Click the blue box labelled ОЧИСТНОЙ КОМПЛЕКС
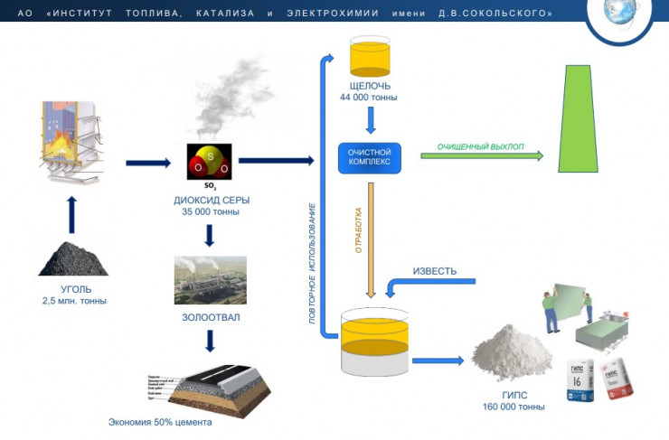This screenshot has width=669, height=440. click(x=369, y=156)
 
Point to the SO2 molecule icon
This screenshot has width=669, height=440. click(x=209, y=164)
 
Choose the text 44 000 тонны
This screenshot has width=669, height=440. click(x=368, y=98)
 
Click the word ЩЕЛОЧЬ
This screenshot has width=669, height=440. click(x=368, y=86)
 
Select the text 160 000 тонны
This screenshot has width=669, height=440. click(x=514, y=407)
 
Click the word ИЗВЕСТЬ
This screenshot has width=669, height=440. click(x=435, y=272)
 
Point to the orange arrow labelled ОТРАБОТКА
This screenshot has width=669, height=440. click(x=371, y=240)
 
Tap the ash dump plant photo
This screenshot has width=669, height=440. click(x=210, y=280)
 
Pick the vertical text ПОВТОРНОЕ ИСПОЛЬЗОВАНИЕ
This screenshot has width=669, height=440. click(x=314, y=262)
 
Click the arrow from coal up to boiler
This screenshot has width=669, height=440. click(x=72, y=213)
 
